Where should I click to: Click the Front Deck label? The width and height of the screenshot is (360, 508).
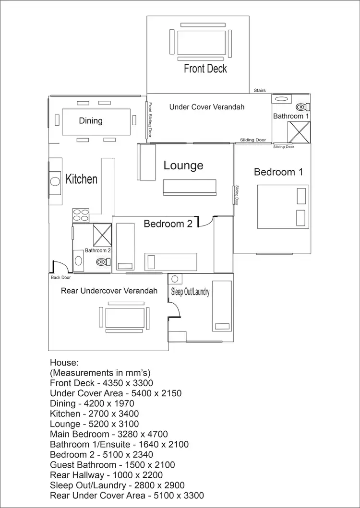point(205,69)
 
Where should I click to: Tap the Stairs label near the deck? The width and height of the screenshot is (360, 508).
point(260,90)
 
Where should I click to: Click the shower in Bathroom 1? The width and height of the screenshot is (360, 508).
point(299,132)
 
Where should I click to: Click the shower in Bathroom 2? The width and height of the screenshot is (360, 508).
point(102,235)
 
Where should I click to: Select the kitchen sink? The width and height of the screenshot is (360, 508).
point(54,182)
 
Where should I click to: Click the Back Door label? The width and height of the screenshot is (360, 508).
point(60,277)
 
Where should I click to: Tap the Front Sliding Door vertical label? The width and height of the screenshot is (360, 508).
point(150,120)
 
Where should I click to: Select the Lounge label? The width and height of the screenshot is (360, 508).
point(183,165)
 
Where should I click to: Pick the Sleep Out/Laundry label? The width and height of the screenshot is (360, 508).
point(191,292)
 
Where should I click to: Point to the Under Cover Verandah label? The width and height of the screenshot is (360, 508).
point(207,107)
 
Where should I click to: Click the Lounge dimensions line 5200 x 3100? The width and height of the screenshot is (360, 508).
point(95,424)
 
